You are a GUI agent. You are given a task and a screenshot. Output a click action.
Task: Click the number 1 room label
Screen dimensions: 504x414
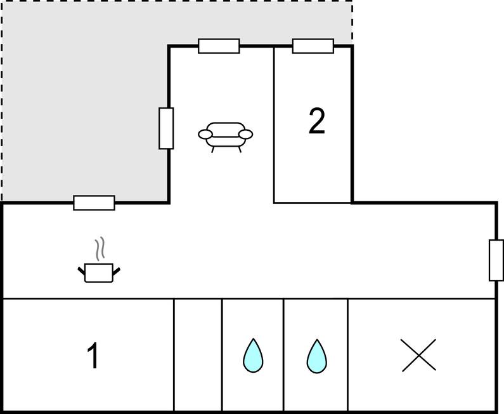(x=93, y=356)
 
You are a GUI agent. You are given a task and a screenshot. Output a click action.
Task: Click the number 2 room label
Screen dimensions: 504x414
(x=317, y=121)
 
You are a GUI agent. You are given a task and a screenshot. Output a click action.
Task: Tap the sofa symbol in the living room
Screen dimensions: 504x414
(x=225, y=137)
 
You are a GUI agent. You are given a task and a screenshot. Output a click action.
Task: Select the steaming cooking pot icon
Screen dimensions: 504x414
(x=99, y=261)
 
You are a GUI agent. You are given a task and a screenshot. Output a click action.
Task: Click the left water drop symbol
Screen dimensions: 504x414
(x=253, y=356)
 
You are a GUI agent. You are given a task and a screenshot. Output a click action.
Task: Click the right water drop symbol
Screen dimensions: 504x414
(x=317, y=356)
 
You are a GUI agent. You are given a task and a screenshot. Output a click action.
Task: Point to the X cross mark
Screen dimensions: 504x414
(x=419, y=355)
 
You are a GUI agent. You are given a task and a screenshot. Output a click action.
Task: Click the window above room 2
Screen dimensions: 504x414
(x=313, y=46)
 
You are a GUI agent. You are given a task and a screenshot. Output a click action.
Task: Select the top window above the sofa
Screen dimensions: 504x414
(x=219, y=46)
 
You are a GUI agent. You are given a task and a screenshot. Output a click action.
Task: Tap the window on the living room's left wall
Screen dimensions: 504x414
(x=166, y=128)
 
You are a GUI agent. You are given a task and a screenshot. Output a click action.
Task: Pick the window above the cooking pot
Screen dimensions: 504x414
(x=94, y=203)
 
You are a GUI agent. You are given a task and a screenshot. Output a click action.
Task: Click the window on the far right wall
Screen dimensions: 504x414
(x=496, y=260)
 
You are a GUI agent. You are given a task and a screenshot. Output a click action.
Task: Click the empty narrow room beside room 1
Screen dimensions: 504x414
(x=198, y=355)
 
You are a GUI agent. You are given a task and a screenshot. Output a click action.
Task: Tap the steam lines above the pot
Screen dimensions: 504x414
(x=100, y=248)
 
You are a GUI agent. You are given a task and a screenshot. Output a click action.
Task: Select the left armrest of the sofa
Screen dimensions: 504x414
(x=205, y=134)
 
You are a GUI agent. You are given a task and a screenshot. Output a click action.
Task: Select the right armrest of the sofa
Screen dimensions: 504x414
(x=246, y=134)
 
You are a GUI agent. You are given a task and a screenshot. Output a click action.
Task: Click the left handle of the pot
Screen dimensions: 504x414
(x=82, y=271)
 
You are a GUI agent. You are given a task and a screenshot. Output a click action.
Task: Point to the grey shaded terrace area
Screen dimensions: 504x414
(x=84, y=97)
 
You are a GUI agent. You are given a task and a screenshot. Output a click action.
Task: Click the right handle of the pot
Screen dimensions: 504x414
(x=117, y=271)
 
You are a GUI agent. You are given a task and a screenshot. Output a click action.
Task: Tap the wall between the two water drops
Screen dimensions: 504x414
(x=283, y=355)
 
